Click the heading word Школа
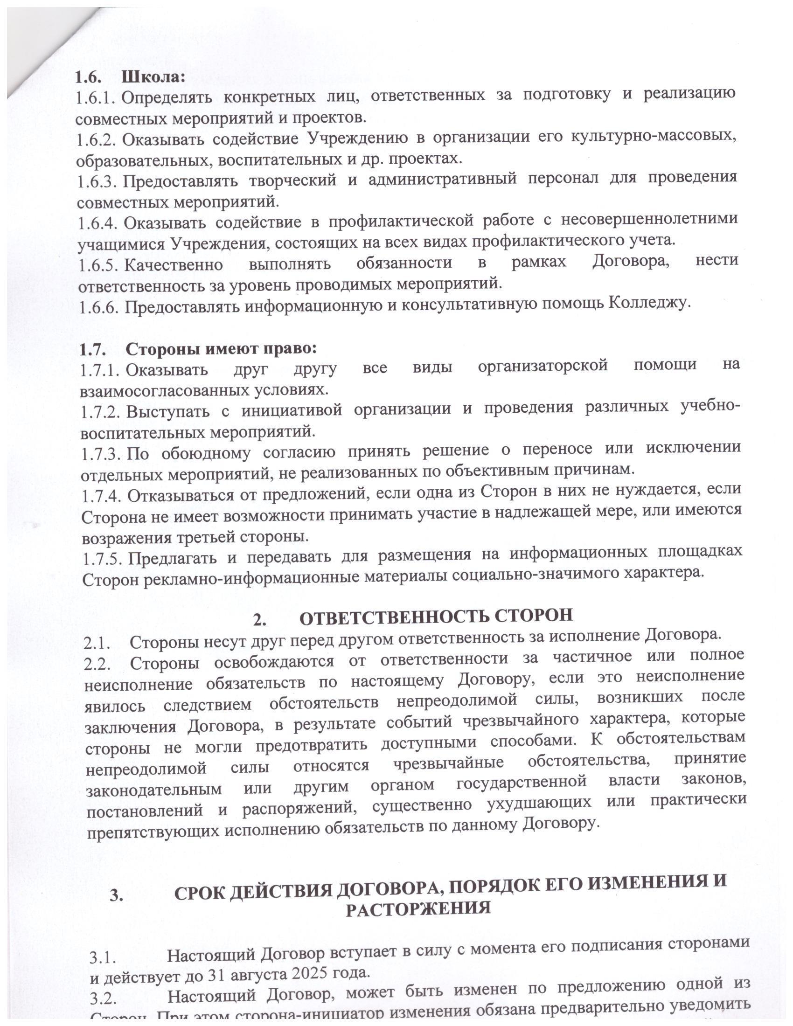tap(153, 76)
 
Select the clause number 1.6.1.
tap(96, 98)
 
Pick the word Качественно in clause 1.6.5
tap(174, 264)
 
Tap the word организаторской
tap(543, 365)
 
